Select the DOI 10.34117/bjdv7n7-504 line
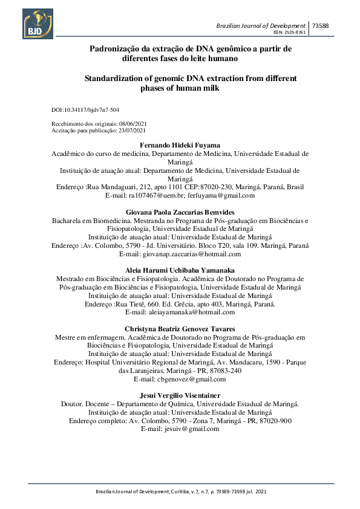tap(85, 110)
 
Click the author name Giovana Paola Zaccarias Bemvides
tap(181, 213)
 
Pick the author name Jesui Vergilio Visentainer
tap(181, 395)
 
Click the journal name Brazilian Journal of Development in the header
tap(261, 25)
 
